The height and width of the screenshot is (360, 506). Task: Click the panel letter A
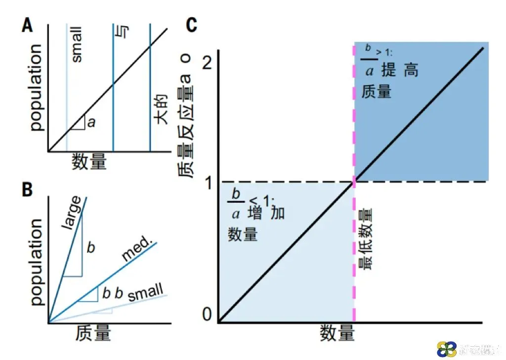(27, 25)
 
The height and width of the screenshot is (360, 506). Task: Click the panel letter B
(27, 190)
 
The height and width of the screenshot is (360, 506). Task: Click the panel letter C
(192, 25)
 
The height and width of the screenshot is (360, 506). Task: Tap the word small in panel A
(77, 46)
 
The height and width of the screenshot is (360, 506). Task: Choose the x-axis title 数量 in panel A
(89, 161)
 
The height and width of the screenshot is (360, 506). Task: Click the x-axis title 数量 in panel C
(337, 332)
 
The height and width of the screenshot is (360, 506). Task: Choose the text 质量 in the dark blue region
(377, 91)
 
